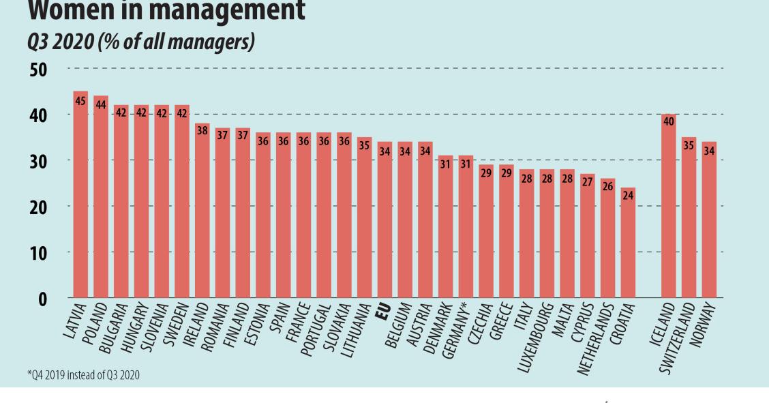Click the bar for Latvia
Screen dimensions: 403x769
(80, 198)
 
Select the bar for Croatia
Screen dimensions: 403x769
(629, 245)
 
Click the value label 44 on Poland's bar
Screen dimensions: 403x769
(101, 104)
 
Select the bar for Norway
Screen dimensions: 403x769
(709, 222)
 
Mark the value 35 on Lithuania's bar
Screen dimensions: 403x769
(365, 145)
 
